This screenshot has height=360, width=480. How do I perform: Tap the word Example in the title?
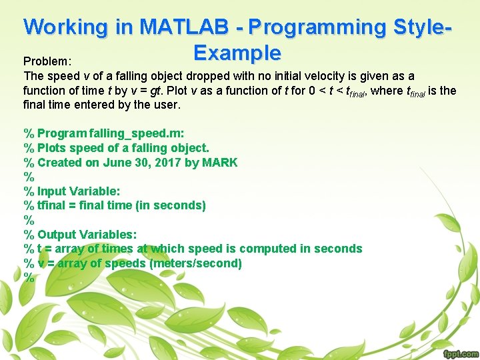click(237, 52)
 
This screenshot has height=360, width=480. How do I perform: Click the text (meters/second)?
click(195, 263)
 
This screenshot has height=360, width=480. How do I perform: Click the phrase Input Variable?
click(79, 191)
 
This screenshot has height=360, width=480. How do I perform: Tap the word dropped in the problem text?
click(208, 76)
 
